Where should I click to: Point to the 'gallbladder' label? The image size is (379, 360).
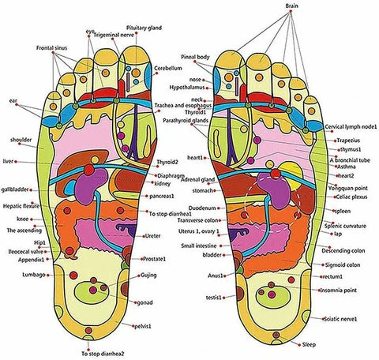click(x=17, y=189)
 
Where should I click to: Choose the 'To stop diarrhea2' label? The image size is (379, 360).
click(x=105, y=354)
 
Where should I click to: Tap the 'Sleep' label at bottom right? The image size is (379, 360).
click(x=310, y=345)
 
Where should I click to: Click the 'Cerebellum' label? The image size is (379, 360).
click(x=170, y=69)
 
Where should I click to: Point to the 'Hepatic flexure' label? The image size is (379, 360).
click(x=21, y=205)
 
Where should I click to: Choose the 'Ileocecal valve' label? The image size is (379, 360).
click(x=22, y=251)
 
